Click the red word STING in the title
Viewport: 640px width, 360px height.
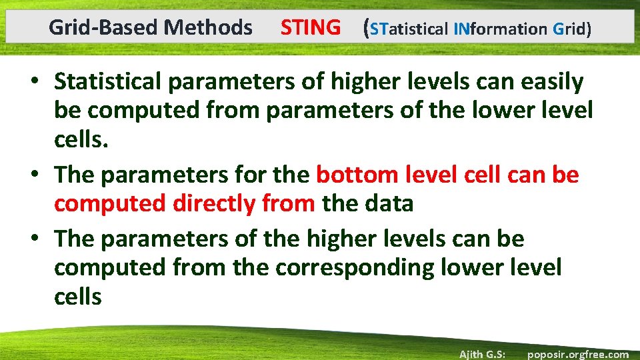(x=310, y=28)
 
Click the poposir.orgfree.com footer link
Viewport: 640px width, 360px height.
(x=577, y=354)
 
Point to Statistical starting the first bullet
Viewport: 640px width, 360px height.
(x=106, y=82)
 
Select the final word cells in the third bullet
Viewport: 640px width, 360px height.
(x=78, y=297)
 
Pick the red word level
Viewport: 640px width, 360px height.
(x=431, y=175)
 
